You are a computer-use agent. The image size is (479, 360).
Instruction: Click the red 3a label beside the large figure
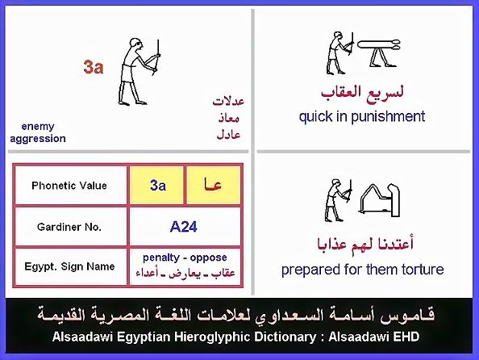[x=94, y=67]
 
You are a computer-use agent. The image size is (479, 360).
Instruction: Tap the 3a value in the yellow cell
[x=158, y=186]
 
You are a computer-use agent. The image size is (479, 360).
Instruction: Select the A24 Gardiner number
[x=184, y=227]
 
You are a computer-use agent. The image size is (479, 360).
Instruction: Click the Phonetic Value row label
[x=69, y=186]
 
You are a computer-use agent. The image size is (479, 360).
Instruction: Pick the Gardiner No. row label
[x=69, y=227]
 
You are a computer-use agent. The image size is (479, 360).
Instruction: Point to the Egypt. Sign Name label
[x=69, y=266]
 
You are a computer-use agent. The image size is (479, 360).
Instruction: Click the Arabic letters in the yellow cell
[x=213, y=185]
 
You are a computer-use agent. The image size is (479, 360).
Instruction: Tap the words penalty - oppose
[x=185, y=257]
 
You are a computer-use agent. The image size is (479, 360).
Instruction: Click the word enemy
[x=38, y=126]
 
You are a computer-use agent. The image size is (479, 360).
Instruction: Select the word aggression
[x=38, y=139]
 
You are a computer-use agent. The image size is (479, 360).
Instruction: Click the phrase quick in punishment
[x=362, y=116]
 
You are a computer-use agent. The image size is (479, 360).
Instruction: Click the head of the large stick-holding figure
[x=135, y=44]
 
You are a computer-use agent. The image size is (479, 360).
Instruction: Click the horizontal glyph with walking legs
[x=379, y=53]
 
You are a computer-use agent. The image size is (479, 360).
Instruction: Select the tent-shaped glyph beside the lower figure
[x=380, y=199]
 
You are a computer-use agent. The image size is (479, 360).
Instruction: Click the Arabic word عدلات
[x=228, y=101]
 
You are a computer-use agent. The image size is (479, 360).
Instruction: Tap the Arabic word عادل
[x=228, y=134]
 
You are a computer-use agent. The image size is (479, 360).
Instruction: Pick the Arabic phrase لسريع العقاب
[x=362, y=92]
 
